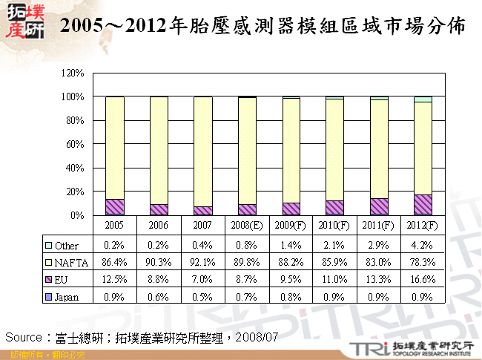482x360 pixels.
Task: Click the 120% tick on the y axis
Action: click(73, 73)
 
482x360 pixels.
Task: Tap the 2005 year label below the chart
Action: click(114, 225)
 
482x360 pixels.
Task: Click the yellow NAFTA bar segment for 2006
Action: click(159, 148)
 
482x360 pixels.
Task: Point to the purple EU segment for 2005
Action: click(114, 207)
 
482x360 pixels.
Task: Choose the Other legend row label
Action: click(67, 246)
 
